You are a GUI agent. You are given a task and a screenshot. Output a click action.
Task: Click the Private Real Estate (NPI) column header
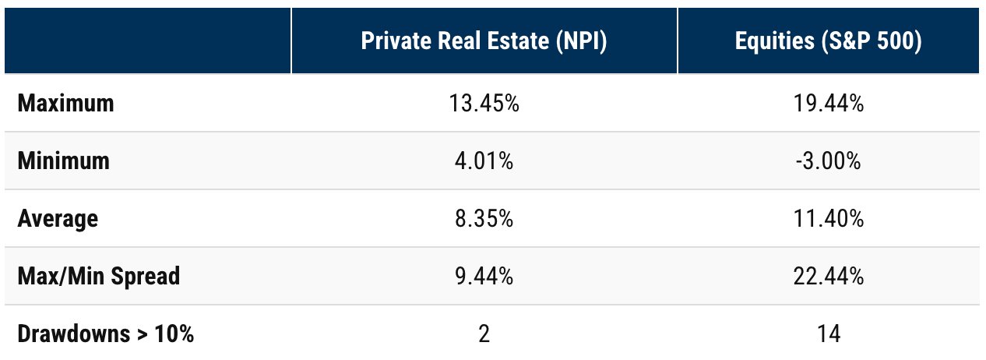[484, 42]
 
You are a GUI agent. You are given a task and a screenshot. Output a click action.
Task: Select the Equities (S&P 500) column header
[828, 42]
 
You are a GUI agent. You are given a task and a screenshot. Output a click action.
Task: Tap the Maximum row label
[65, 104]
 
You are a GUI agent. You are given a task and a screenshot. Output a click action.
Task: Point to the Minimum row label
[63, 161]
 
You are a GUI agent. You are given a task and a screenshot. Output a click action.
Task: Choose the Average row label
[58, 219]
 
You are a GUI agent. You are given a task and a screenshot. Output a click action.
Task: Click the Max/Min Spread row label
[98, 277]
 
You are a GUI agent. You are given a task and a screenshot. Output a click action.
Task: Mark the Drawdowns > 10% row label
[105, 335]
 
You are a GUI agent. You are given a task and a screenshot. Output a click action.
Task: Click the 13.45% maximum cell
[484, 104]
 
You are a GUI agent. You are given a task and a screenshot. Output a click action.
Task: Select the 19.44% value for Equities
[828, 104]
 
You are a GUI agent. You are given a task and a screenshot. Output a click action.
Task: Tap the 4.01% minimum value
[484, 161]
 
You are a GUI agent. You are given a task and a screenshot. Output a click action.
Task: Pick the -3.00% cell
[828, 161]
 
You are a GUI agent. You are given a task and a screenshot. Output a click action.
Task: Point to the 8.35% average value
[484, 219]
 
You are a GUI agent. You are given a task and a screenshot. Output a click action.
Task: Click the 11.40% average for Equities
[828, 219]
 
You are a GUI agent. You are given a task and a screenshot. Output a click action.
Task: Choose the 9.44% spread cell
[484, 277]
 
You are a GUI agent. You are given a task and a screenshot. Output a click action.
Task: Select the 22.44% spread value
[828, 277]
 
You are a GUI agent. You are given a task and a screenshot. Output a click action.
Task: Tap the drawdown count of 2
[484, 335]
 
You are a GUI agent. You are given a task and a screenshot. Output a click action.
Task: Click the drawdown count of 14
[828, 335]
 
